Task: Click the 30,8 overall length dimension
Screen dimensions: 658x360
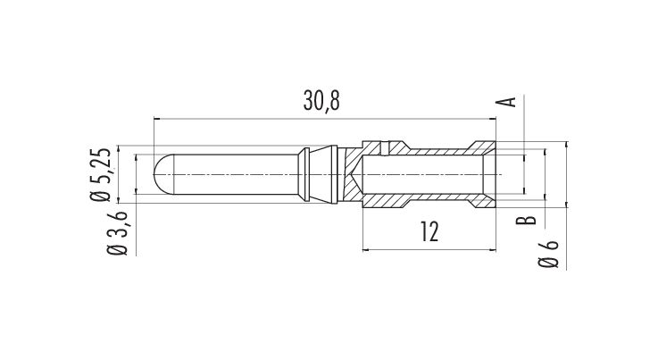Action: pyautogui.click(x=321, y=102)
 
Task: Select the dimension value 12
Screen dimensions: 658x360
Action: pyautogui.click(x=429, y=231)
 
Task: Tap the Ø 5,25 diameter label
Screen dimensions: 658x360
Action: pyautogui.click(x=101, y=175)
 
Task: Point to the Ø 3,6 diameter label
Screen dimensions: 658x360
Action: pyautogui.click(x=118, y=233)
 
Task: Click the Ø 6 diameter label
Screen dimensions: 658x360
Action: pyautogui.click(x=548, y=254)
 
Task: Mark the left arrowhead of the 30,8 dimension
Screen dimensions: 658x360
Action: pyautogui.click(x=157, y=119)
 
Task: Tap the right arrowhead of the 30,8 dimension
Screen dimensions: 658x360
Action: pyautogui.click(x=493, y=119)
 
